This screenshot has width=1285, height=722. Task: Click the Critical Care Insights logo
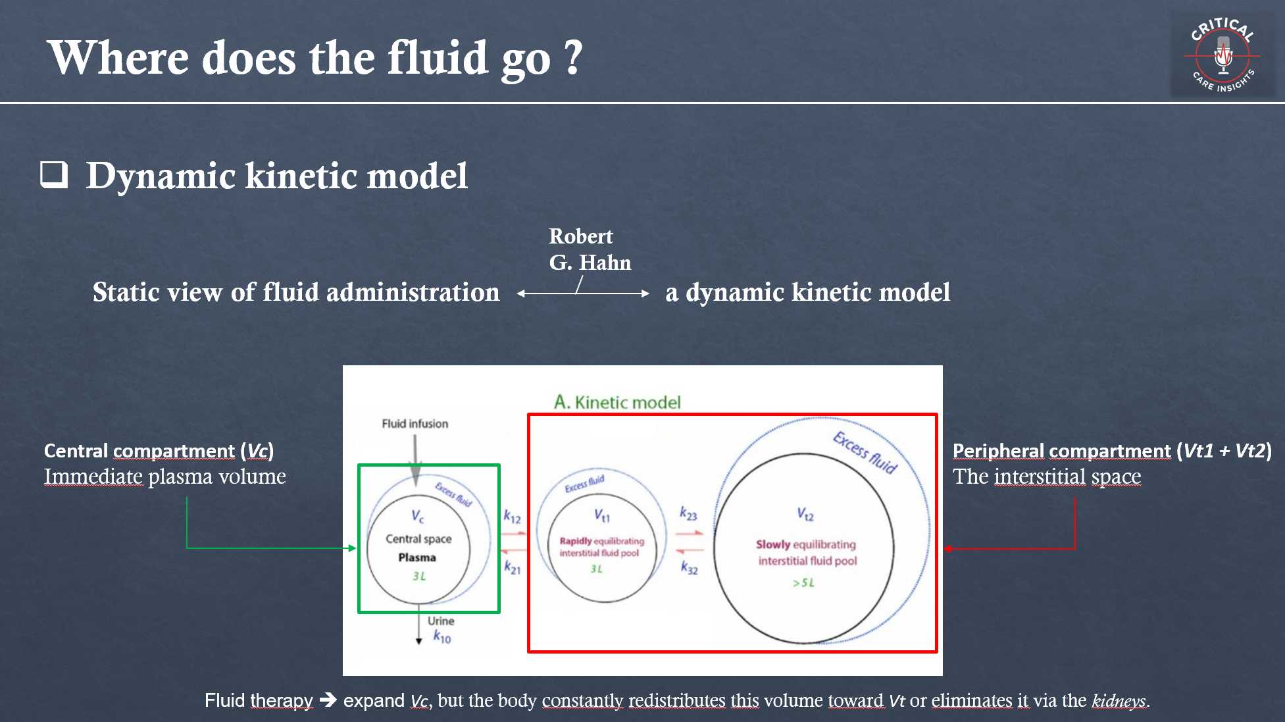[x=1222, y=57]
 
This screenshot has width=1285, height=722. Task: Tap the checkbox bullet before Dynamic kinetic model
[x=54, y=174]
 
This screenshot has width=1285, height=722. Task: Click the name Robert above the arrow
[x=580, y=236]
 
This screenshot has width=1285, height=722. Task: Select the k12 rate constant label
[x=512, y=517]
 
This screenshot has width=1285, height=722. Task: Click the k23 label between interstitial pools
[x=688, y=513]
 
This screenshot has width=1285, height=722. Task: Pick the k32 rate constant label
[x=689, y=567]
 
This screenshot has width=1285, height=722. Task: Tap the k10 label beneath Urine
[x=442, y=636]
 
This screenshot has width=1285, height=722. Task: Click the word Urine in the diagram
[x=441, y=621]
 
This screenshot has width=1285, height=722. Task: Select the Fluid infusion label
[x=415, y=424]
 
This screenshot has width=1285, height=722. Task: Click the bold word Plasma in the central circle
[x=417, y=557]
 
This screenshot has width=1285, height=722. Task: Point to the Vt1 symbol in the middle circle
[x=602, y=515]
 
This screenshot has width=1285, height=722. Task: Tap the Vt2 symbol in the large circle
[x=805, y=514]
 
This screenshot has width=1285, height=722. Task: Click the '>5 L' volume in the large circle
[x=803, y=582]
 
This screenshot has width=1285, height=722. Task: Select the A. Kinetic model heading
[x=617, y=402]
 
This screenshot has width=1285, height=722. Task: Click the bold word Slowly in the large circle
[x=772, y=544]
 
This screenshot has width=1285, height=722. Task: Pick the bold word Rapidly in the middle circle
[x=576, y=541]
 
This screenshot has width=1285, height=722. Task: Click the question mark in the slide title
[x=574, y=57]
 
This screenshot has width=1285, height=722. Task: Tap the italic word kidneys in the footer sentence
[x=1118, y=701]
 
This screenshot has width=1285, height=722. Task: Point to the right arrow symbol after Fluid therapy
[x=328, y=700]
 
